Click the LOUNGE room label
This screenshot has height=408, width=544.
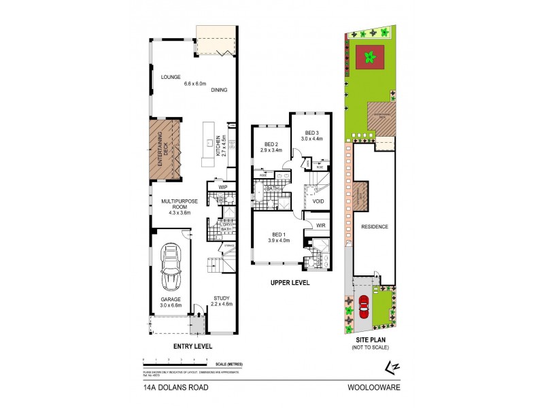tap(170, 78)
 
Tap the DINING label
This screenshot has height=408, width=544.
tap(218, 90)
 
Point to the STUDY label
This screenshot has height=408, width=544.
tap(222, 298)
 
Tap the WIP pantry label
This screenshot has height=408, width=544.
tap(222, 186)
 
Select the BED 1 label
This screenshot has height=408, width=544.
tap(279, 234)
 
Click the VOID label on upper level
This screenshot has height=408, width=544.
tap(318, 202)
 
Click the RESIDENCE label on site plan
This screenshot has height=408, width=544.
tap(375, 226)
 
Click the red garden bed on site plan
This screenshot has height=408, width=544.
tap(370, 58)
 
